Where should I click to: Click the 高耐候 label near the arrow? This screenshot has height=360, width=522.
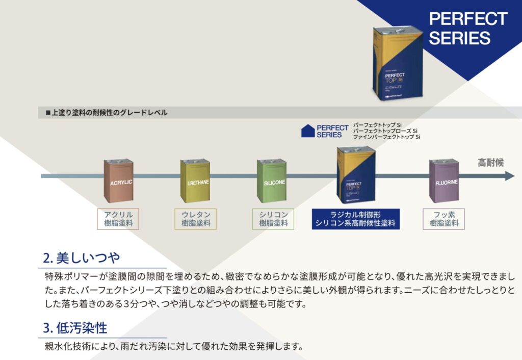[490, 163]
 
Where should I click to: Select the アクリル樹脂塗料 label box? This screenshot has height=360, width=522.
[118, 219]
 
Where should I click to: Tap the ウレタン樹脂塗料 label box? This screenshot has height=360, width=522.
[196, 219]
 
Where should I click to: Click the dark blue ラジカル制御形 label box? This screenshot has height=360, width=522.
[355, 219]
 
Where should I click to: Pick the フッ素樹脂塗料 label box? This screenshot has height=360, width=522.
[444, 219]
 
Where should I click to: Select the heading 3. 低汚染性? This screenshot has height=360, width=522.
[75, 327]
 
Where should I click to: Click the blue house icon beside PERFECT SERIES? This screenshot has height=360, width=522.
[307, 131]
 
